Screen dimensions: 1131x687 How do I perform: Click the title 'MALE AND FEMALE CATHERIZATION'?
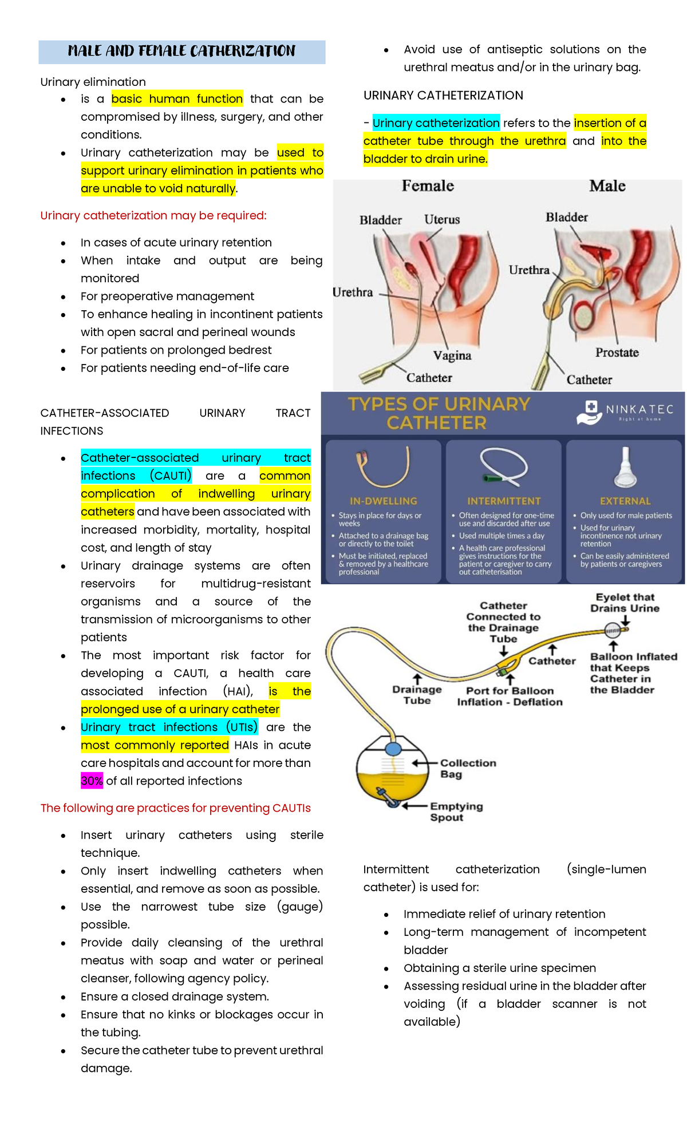pyautogui.click(x=181, y=52)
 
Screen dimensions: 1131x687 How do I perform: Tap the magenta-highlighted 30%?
pyautogui.click(x=92, y=781)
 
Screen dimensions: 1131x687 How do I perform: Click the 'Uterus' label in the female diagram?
pyautogui.click(x=442, y=220)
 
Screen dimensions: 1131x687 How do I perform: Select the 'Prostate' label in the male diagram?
pyautogui.click(x=617, y=353)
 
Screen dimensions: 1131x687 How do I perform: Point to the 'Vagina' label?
pyautogui.click(x=452, y=355)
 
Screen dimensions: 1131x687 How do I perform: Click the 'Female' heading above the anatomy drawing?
pyautogui.click(x=428, y=186)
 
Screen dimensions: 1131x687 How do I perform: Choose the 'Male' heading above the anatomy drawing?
pyautogui.click(x=607, y=186)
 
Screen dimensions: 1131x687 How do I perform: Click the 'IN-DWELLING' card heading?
pyautogui.click(x=384, y=501)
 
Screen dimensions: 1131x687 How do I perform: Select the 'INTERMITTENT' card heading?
pyautogui.click(x=504, y=501)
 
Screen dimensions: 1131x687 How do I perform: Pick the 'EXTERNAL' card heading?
pyautogui.click(x=625, y=501)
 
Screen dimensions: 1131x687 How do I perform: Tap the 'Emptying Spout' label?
pyautogui.click(x=456, y=812)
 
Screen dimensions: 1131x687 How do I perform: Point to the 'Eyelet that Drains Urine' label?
pyautogui.click(x=625, y=603)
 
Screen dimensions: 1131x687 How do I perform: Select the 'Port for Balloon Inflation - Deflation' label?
pyautogui.click(x=510, y=697)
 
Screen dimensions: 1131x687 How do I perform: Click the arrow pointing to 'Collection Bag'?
pyautogui.click(x=424, y=764)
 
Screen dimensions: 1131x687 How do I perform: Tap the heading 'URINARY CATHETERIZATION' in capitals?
pyautogui.click(x=443, y=96)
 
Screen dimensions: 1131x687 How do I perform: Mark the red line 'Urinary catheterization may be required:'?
pyautogui.click(x=153, y=216)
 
